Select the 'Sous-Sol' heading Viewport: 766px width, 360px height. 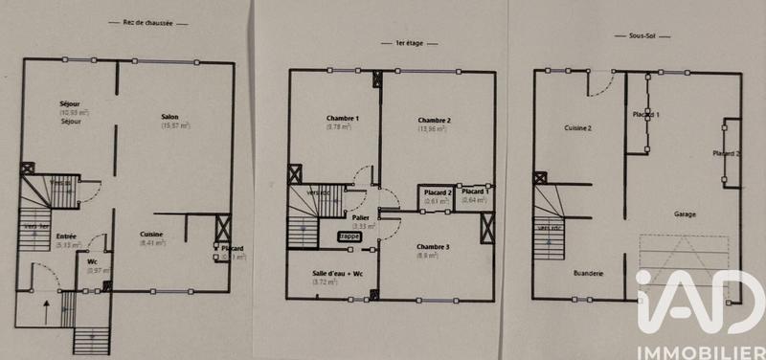point(630,35)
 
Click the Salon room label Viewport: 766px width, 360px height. point(169,117)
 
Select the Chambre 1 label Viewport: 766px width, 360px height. point(342,119)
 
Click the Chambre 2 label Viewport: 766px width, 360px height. point(435,120)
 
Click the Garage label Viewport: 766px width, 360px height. point(685,214)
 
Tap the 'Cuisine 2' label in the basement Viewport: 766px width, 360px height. point(577,127)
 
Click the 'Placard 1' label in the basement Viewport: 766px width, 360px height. point(646,114)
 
